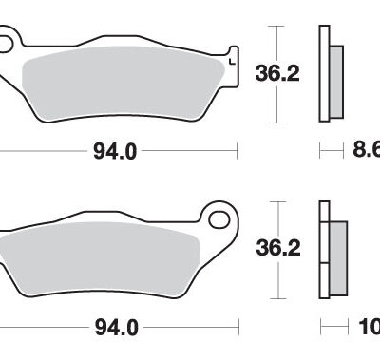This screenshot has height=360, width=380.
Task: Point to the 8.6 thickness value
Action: (x=366, y=149)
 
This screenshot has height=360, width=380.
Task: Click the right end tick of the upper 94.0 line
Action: (x=235, y=149)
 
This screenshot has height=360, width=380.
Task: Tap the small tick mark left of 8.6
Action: (x=322, y=149)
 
